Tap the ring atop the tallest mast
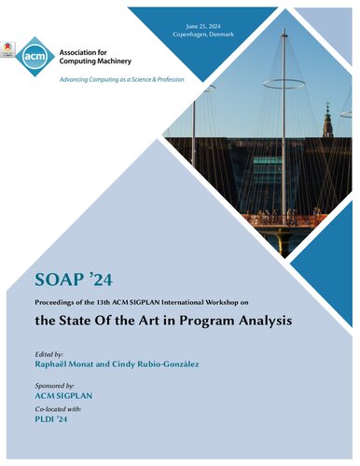pyautogui.click(x=284, y=83)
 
